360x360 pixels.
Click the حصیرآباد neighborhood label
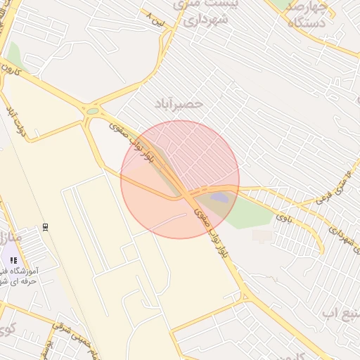tap(181, 103)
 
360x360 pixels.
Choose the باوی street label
tap(285, 217)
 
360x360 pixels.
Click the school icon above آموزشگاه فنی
tap(14, 260)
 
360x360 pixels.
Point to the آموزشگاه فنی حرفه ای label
tap(18, 276)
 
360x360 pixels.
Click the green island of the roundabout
tap(93, 110)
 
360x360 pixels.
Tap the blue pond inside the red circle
tap(220, 198)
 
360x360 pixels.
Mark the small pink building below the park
tap(261, 235)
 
